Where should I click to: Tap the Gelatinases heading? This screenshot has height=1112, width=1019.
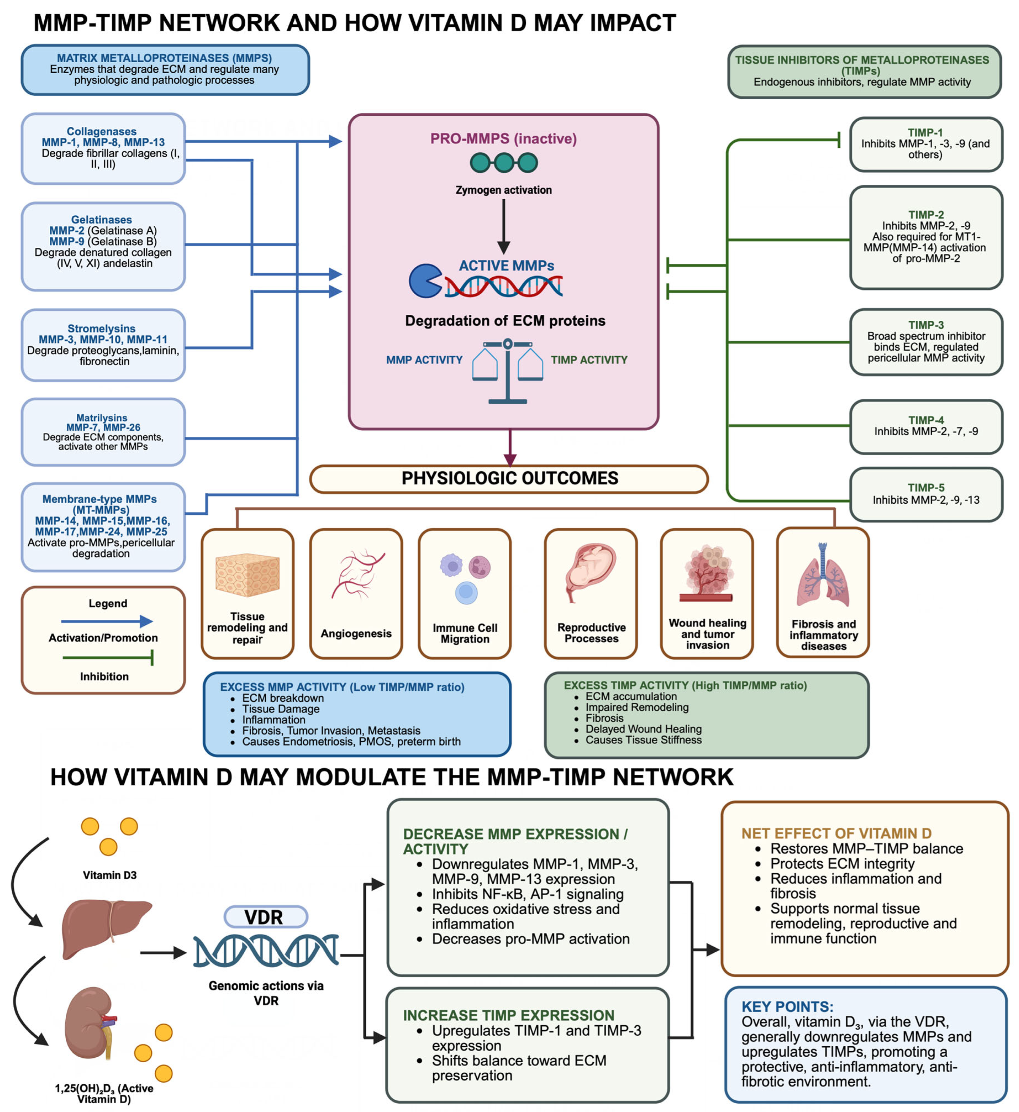[101, 220]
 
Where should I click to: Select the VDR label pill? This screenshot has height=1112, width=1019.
[266, 917]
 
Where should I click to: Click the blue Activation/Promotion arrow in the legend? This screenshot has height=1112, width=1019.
[107, 622]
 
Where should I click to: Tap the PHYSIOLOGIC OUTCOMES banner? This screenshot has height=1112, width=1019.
[509, 479]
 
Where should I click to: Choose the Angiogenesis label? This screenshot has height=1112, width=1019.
[356, 634]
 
